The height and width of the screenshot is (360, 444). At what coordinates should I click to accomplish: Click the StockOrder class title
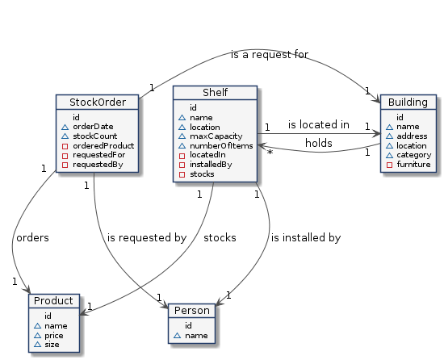click(x=98, y=103)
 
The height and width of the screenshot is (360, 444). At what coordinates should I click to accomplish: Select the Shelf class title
click(x=216, y=93)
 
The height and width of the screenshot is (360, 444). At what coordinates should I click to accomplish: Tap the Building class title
click(x=408, y=103)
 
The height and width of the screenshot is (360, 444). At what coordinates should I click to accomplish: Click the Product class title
click(x=53, y=301)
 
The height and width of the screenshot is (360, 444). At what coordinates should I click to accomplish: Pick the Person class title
click(x=192, y=311)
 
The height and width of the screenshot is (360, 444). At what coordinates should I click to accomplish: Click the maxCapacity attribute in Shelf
click(x=216, y=136)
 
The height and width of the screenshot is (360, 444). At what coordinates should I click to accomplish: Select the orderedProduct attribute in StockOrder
click(x=103, y=146)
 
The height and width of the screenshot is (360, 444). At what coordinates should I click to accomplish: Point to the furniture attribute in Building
click(x=413, y=165)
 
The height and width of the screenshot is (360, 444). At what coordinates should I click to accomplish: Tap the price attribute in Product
click(x=54, y=336)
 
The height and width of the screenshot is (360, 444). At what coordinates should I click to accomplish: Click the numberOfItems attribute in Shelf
click(x=221, y=146)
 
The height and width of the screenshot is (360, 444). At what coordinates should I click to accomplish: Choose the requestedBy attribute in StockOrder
click(x=98, y=165)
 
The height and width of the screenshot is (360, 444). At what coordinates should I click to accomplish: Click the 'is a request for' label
click(x=270, y=54)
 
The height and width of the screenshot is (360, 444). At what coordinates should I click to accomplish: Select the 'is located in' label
click(x=319, y=124)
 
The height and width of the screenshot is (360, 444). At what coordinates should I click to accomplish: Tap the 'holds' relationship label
click(x=319, y=143)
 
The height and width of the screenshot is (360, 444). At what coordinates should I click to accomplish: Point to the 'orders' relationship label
click(x=32, y=238)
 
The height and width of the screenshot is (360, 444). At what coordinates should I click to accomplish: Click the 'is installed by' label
click(x=306, y=238)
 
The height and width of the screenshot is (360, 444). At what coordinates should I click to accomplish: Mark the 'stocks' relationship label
click(x=220, y=238)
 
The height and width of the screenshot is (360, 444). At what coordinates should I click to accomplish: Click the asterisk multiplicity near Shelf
click(x=270, y=153)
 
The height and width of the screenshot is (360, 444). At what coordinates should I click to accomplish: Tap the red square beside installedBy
click(x=182, y=165)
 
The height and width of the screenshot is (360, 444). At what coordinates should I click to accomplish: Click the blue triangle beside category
click(x=389, y=155)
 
